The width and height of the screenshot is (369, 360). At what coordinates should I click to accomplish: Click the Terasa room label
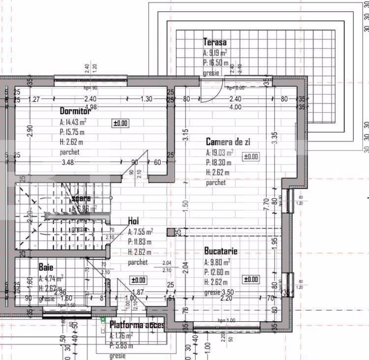215,42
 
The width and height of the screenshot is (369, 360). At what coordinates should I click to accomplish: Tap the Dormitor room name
76,111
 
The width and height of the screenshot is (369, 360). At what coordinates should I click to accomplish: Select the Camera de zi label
228,142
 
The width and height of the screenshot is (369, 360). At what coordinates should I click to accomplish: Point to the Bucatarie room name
221,251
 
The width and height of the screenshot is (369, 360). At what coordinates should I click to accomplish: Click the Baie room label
46,267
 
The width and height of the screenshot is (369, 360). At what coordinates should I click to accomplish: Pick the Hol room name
133,221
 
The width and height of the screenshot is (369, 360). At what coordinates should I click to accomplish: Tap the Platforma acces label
137,325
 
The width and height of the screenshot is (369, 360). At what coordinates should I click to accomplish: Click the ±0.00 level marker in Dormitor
121,123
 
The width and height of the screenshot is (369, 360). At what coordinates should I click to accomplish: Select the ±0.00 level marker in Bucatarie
250,279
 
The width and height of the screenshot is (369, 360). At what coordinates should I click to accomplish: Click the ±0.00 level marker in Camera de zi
250,157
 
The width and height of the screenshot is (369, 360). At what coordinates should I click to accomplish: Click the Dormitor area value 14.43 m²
73,121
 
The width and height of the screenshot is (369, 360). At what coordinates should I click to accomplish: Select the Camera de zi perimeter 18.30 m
217,162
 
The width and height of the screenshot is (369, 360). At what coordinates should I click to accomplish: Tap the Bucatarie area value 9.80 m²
217,262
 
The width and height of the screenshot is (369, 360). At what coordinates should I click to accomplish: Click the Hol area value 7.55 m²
141,232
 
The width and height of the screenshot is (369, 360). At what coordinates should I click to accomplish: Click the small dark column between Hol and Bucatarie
170,232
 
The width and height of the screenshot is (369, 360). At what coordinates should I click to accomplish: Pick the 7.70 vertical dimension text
266,204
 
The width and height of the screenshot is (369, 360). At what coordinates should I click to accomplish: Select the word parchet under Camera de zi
216,183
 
